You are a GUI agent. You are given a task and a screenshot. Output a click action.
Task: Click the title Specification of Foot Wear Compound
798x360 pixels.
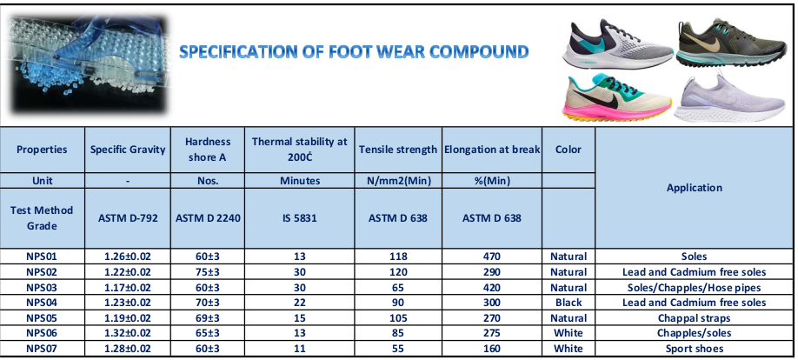(354, 51)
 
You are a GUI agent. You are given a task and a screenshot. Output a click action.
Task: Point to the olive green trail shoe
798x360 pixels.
(731, 43)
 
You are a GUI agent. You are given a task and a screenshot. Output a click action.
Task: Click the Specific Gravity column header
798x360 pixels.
(128, 150)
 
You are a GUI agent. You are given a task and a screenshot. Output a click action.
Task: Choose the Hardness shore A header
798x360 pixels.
(208, 150)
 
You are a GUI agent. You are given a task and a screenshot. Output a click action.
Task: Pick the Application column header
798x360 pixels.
(695, 187)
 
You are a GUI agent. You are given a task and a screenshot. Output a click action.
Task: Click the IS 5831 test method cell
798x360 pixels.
(300, 218)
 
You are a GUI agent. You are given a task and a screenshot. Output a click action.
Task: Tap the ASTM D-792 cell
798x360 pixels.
(128, 218)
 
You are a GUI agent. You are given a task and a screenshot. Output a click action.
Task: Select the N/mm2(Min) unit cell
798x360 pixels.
(398, 181)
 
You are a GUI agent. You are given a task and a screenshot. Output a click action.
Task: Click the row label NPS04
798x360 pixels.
(42, 303)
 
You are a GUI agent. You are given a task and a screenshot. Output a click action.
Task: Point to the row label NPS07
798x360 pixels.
(42, 349)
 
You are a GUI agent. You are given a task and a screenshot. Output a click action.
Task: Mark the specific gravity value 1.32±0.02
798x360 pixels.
(128, 333)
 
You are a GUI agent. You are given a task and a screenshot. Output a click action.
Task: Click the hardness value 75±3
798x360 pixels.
(208, 272)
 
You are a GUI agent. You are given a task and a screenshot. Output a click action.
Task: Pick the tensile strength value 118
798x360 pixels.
(398, 257)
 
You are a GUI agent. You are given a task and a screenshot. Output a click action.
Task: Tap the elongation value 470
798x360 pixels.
(492, 257)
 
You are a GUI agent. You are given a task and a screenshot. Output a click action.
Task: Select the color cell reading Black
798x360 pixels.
(569, 303)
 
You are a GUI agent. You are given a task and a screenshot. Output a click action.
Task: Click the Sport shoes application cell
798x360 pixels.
(695, 349)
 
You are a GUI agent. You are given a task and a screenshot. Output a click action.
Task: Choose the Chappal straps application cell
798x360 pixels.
(695, 318)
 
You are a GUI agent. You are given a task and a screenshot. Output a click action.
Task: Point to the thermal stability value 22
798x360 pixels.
(300, 303)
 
